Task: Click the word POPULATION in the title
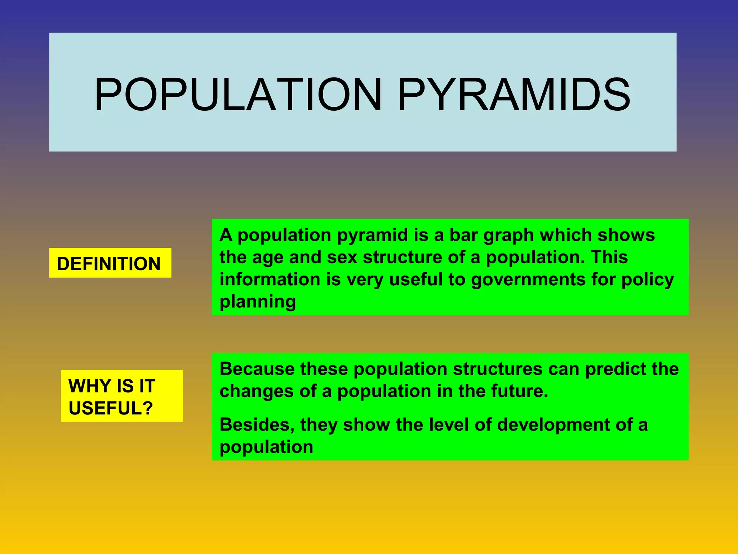pos(238,94)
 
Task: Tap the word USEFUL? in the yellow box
pos(111,408)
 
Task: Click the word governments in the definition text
pos(528,280)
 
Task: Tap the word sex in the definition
pos(342,258)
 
